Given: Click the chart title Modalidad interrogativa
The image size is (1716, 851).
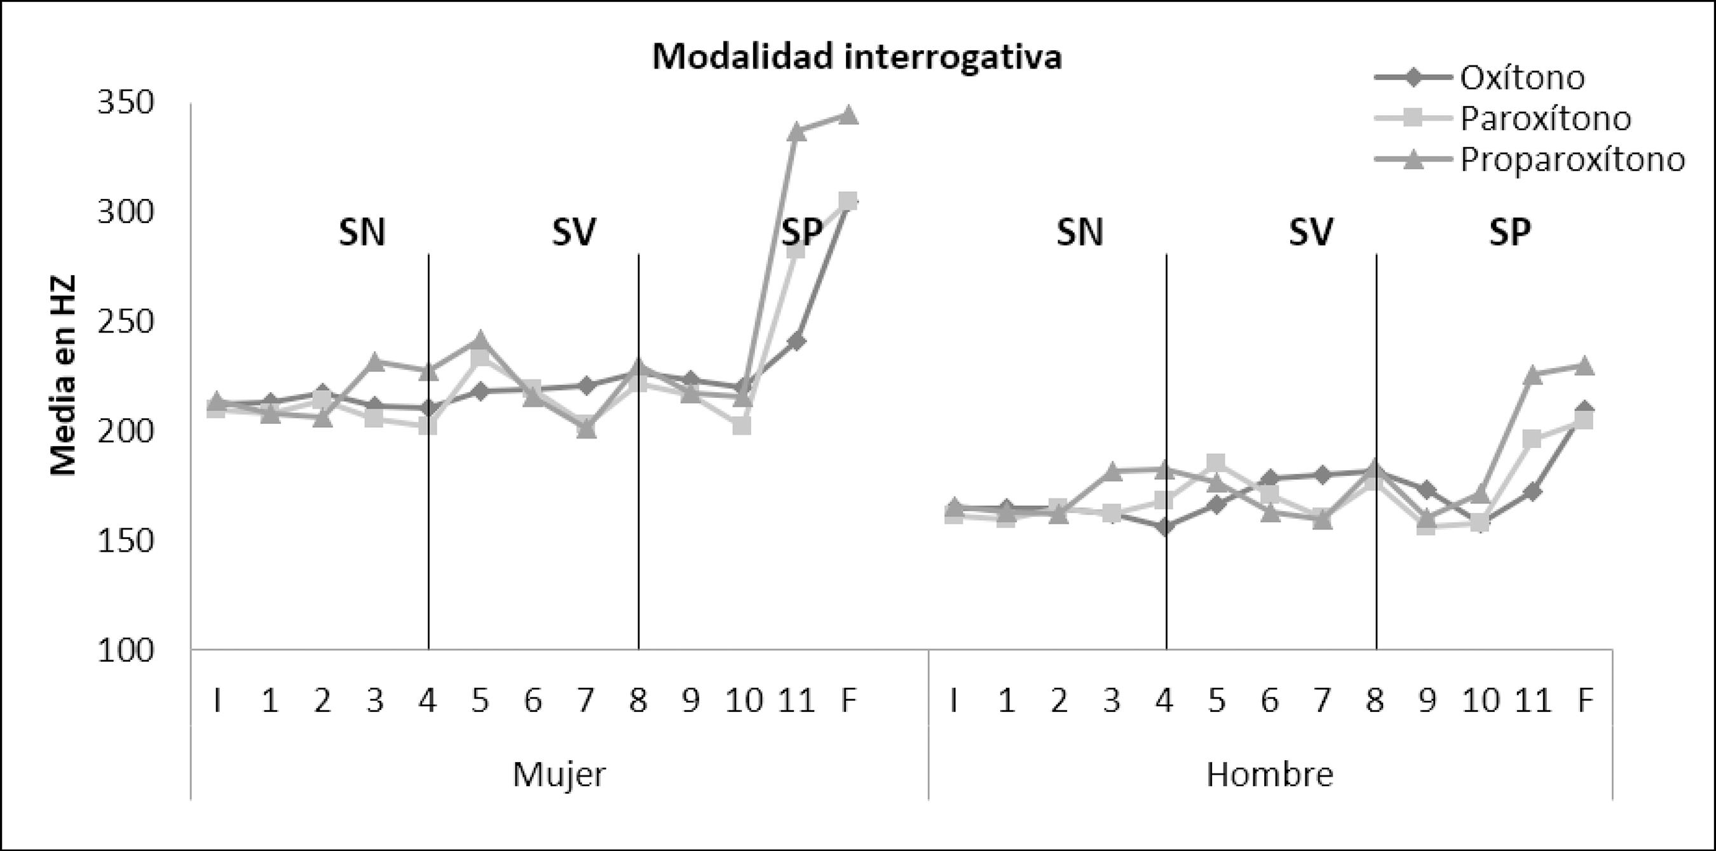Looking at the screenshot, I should click(x=857, y=57).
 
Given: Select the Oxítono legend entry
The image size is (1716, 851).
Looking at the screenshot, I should click(x=1522, y=78).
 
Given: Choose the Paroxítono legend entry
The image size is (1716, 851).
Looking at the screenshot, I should click(x=1545, y=118).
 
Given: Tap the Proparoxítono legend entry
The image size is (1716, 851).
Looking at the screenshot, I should click(x=1572, y=160).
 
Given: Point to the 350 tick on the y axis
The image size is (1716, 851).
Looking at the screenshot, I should click(x=125, y=103).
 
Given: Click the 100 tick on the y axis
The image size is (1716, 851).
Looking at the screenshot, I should click(x=125, y=650).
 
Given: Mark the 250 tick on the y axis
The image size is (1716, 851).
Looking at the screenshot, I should click(x=125, y=322).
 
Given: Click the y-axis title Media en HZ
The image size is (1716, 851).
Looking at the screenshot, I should click(x=64, y=375).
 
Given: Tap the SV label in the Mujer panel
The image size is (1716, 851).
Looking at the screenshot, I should click(x=573, y=233).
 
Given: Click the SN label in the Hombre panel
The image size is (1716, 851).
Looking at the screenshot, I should click(x=1080, y=233).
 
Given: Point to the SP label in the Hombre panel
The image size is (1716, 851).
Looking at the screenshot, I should click(x=1509, y=233).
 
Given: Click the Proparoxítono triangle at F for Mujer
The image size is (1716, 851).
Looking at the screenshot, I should click(x=848, y=115).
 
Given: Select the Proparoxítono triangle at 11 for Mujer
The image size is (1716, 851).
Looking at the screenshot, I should click(x=797, y=131).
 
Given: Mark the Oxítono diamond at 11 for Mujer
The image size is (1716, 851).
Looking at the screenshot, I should click(x=797, y=341).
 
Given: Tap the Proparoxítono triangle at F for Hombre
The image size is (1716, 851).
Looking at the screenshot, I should click(x=1585, y=365).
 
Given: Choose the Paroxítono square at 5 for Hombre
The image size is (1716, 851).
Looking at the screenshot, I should click(x=1216, y=462).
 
